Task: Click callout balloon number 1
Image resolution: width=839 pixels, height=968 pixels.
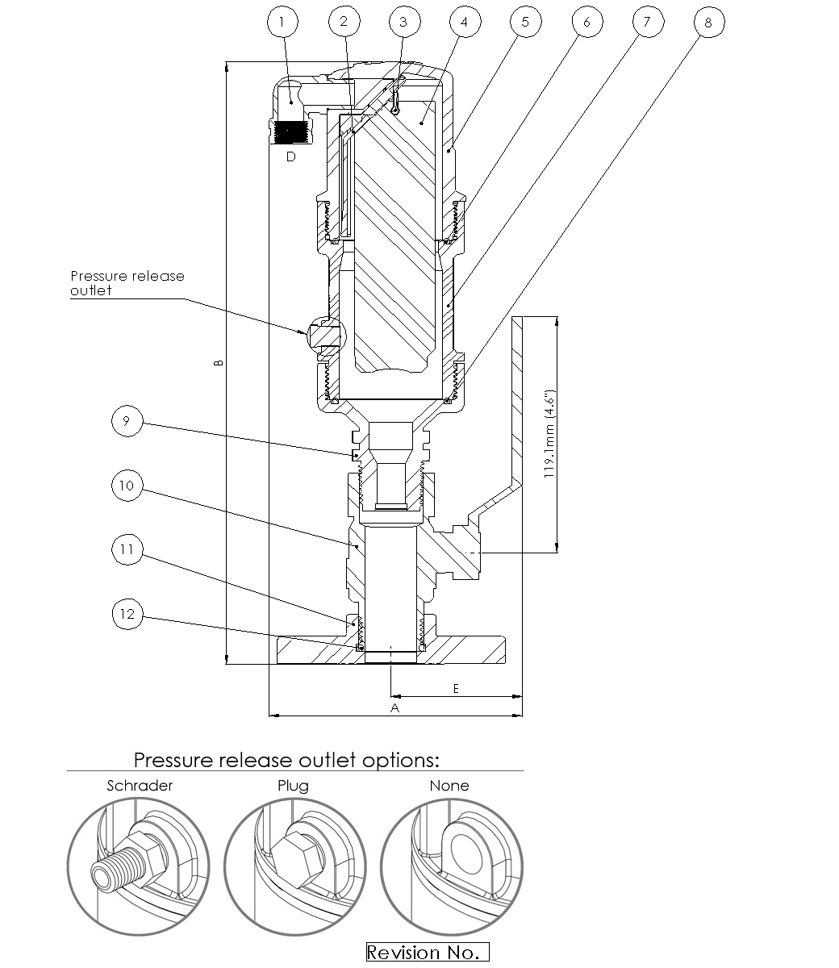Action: (282, 22)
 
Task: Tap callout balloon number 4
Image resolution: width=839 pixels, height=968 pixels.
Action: (463, 22)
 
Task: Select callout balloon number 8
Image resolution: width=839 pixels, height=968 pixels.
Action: (708, 23)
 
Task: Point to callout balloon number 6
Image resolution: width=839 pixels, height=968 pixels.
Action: (586, 22)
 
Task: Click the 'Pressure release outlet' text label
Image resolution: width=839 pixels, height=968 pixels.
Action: (127, 283)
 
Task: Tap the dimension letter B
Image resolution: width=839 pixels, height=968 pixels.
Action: (219, 363)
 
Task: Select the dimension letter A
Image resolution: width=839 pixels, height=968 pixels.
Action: (395, 707)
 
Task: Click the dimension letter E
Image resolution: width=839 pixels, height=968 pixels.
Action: (456, 688)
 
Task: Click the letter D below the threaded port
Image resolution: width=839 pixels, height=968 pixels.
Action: (291, 157)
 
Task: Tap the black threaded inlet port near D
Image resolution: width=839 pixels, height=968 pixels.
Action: (289, 131)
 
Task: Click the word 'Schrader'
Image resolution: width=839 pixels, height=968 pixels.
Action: (140, 786)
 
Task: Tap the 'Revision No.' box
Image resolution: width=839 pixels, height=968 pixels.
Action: (428, 953)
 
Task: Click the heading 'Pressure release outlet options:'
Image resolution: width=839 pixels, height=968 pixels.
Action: (286, 760)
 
